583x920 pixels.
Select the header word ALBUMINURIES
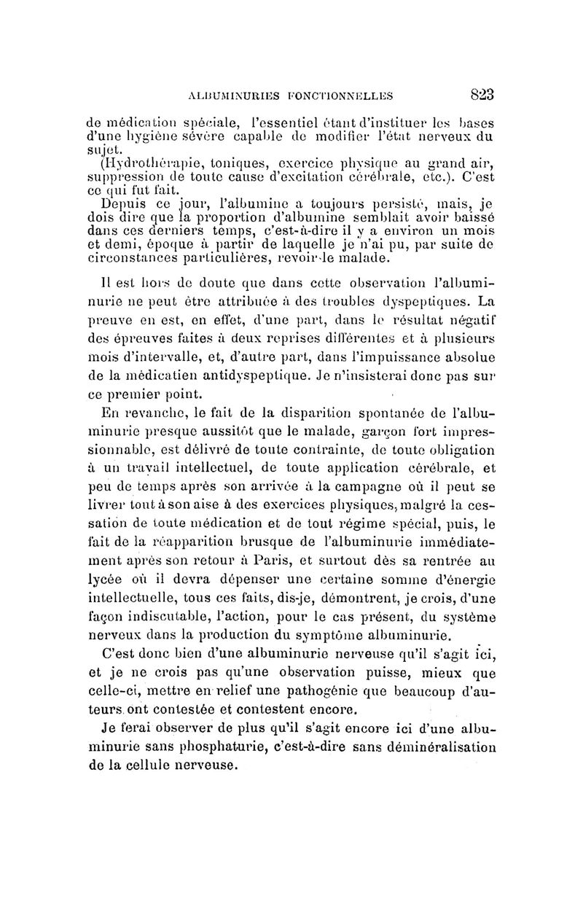pos(223,95)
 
